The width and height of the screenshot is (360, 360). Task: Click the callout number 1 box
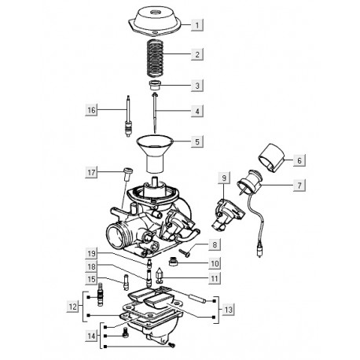[197, 25]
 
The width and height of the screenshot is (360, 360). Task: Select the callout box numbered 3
[197, 86]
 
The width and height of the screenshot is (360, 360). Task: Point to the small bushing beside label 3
[155, 86]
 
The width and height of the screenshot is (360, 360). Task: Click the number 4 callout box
[197, 111]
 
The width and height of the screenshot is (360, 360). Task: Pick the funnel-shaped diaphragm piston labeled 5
[155, 154]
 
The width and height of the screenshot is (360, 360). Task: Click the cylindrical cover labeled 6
[271, 158]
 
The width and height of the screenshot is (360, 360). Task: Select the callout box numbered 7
[299, 186]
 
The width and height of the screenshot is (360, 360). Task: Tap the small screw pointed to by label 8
[185, 252]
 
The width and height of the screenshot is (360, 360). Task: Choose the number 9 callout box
[224, 178]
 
